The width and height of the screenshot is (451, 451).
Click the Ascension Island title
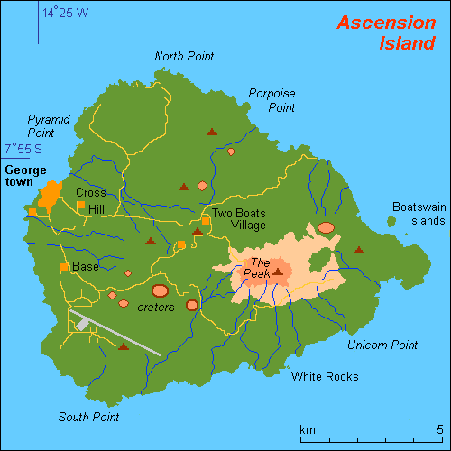tap(387, 33)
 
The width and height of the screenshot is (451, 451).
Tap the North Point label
tap(184, 56)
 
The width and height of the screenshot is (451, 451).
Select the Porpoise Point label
tap(272, 99)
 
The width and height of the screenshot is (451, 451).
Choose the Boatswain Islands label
tap(419, 213)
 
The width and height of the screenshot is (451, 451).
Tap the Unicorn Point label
tap(382, 345)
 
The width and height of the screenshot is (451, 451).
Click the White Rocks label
tap(324, 376)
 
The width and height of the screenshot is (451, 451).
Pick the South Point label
tap(88, 417)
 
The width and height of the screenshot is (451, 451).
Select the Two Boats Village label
tap(239, 219)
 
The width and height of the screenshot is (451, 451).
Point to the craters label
tap(155, 308)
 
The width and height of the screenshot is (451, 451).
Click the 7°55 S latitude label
tap(23, 149)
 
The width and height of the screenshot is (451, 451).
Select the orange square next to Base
tap(64, 267)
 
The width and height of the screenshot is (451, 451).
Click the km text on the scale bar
tap(308, 429)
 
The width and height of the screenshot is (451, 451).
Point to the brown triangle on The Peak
tap(278, 270)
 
